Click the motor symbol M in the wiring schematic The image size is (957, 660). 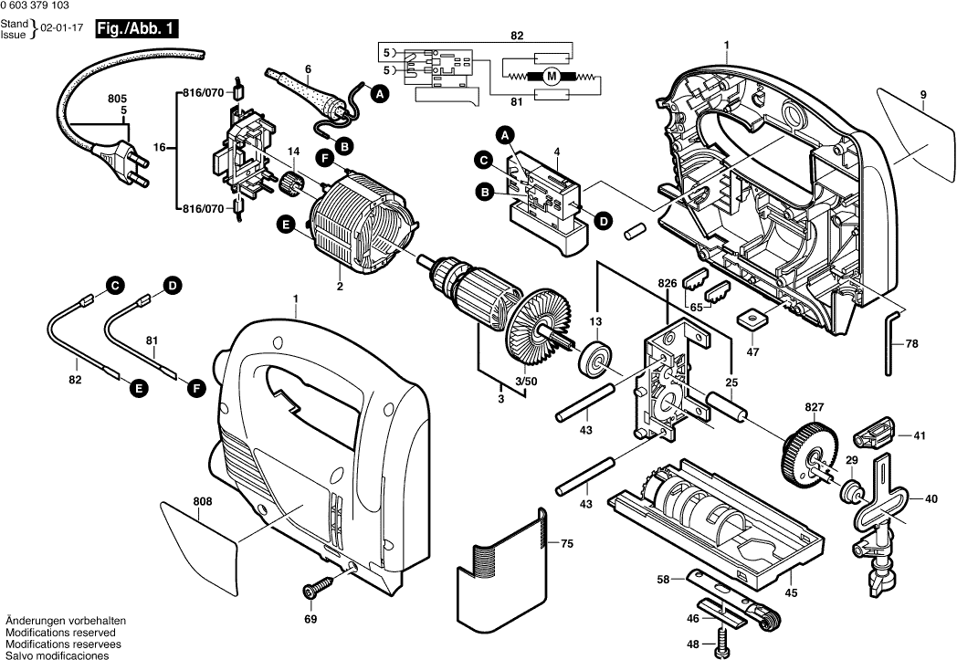(x=551, y=77)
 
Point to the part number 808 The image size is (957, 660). (x=203, y=501)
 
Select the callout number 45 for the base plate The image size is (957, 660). (x=791, y=593)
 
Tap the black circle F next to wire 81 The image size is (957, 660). (x=195, y=388)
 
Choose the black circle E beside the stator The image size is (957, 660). (x=286, y=223)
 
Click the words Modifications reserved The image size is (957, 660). (x=60, y=632)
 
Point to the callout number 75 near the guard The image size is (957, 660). (x=566, y=544)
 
